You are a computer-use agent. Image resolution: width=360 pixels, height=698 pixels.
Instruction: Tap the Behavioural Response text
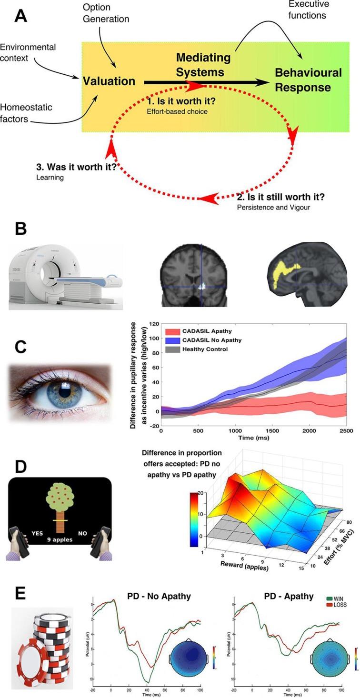tap(308, 80)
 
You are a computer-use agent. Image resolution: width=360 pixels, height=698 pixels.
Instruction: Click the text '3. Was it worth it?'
tap(77, 168)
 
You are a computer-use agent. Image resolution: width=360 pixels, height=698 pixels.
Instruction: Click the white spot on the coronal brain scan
tap(201, 287)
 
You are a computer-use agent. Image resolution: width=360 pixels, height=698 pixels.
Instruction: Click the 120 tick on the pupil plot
tap(153, 324)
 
